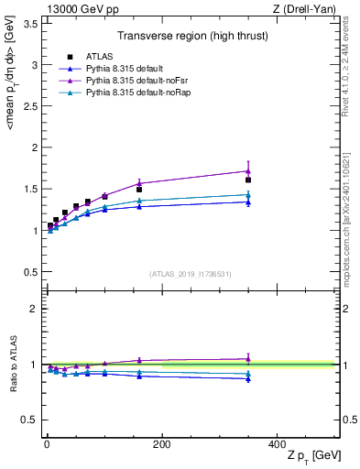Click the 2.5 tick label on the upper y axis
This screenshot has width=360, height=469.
[32, 106]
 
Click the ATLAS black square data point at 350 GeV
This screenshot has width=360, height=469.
[248, 180]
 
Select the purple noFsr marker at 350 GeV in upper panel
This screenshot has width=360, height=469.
[248, 170]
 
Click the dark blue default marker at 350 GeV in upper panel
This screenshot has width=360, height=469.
[248, 202]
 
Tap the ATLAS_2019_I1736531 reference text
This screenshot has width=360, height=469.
[190, 274]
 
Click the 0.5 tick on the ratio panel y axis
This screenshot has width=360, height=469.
[32, 420]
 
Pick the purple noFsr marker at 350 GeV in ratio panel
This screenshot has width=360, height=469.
[248, 359]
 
